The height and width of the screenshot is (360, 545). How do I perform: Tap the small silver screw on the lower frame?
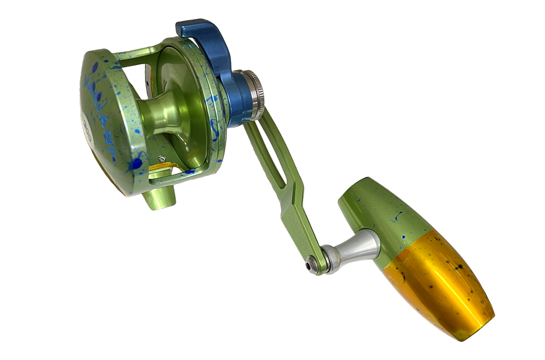tap(162, 159)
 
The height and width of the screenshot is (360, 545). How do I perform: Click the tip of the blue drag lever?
tap(183, 27)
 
